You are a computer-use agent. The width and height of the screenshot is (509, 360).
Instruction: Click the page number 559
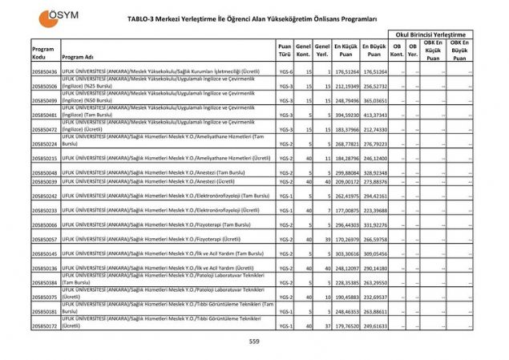[x=254, y=342]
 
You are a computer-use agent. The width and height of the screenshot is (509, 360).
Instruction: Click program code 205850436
[x=44, y=71]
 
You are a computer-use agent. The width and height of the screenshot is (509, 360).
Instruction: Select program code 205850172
[x=44, y=326]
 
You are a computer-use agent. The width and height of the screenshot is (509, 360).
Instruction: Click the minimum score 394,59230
[x=346, y=115]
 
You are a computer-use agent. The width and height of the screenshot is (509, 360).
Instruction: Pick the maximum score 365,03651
[x=375, y=99]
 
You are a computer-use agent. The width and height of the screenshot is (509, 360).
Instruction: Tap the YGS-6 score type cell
[x=285, y=71]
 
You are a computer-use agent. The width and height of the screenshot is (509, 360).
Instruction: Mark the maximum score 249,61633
[x=375, y=326]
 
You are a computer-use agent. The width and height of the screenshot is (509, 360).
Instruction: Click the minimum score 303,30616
[x=346, y=253]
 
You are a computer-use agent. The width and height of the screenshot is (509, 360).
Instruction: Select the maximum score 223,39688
[x=375, y=210]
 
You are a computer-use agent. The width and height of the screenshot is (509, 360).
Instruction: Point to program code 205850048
[x=44, y=172]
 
